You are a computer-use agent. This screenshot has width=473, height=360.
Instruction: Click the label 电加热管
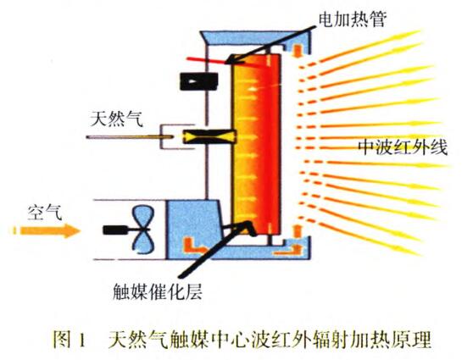353,20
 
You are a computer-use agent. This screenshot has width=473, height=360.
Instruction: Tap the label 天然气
117,119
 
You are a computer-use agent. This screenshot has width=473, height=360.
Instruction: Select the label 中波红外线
403,147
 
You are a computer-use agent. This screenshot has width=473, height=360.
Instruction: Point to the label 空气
45,213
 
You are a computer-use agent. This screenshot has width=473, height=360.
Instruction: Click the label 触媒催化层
157,291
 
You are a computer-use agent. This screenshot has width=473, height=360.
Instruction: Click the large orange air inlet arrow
47,230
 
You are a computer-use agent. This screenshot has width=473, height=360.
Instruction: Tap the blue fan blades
142,230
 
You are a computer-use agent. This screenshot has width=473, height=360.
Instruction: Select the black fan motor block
115,230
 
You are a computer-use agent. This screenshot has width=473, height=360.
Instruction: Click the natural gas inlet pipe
130,137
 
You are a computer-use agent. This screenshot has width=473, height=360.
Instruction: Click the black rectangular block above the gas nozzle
199,81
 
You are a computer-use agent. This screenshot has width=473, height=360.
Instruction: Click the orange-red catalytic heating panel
257,145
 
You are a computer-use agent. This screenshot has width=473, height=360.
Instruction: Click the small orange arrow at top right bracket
298,51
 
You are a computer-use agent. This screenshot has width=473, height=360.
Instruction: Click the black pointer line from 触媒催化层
215,249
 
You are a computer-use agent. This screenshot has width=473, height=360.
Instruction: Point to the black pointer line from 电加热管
271,45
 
